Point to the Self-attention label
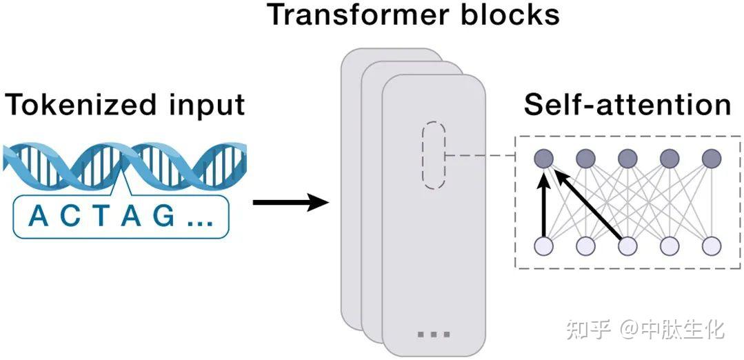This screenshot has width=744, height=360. (627, 105)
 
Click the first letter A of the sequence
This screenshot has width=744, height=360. (38, 217)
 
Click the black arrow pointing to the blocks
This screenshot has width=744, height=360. (290, 203)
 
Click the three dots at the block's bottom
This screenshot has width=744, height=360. (434, 334)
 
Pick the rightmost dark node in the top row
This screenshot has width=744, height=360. (711, 159)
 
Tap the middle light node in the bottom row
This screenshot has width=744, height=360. (627, 246)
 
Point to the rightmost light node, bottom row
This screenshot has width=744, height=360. (711, 246)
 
